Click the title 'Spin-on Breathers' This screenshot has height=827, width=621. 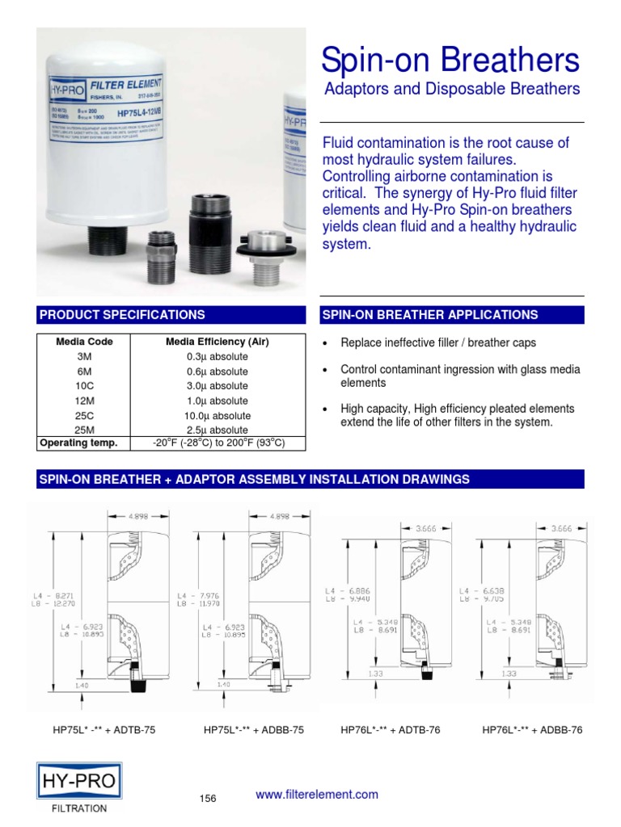tap(450, 61)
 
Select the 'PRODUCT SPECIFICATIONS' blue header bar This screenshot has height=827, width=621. tap(170, 315)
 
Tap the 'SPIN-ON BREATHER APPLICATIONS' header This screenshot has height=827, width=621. tap(452, 315)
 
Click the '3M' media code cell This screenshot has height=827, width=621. tap(84, 356)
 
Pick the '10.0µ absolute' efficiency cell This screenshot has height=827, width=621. tap(217, 415)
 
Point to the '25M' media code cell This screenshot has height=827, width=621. tap(84, 430)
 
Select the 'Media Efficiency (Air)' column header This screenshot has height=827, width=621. tap(217, 342)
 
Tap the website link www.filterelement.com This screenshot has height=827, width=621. tap(317, 795)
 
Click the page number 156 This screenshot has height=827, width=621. tap(209, 799)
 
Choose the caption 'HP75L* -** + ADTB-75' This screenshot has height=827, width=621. tap(104, 730)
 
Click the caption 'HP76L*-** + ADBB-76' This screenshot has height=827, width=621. tap(532, 730)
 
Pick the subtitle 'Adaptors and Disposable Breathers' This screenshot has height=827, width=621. tap(452, 90)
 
